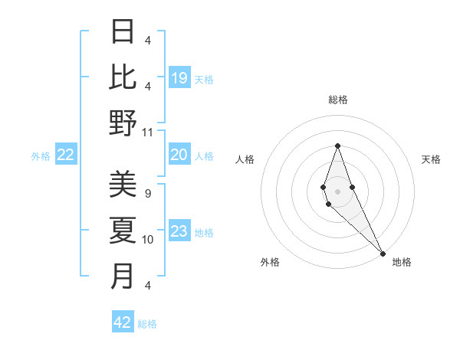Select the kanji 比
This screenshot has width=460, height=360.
(x=123, y=77)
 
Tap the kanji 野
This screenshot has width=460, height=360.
(x=123, y=123)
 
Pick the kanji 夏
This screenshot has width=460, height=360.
(x=123, y=231)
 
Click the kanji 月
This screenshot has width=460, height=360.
(x=123, y=277)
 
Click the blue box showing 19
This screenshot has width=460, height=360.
(x=179, y=77)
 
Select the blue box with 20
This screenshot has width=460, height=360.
(x=179, y=155)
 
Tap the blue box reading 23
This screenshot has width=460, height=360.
(x=179, y=232)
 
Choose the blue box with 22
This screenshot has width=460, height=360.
(x=65, y=155)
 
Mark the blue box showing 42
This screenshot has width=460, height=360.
(x=123, y=322)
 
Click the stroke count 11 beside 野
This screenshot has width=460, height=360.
(x=148, y=132)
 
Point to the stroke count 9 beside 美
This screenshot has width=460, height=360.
(x=147, y=194)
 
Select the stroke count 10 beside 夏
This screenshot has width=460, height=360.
(x=148, y=240)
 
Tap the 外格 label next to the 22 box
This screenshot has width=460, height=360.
(x=41, y=156)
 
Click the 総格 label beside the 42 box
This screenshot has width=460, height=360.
(x=147, y=323)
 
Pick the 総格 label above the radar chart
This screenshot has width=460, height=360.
(x=337, y=100)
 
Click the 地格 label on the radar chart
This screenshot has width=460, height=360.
(x=402, y=262)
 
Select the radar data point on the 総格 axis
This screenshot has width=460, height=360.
(x=337, y=146)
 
